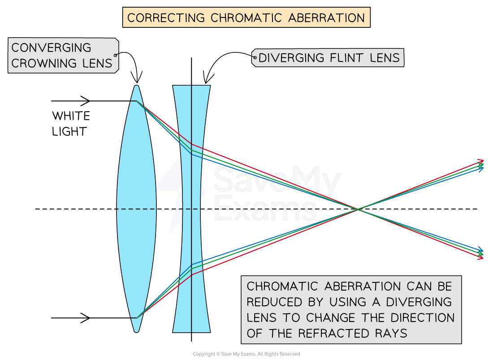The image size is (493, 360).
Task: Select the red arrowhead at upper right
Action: (481, 161)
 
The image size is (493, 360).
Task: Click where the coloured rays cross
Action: (357, 209)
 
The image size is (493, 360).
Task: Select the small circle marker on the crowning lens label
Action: (116, 55)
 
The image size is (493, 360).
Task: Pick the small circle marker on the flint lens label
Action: (255, 58)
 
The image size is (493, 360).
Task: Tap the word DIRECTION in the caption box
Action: (423, 317)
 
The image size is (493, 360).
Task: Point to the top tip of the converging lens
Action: (136, 87)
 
